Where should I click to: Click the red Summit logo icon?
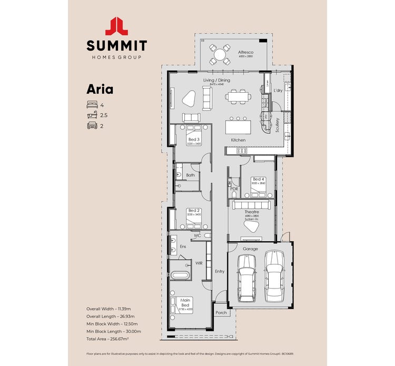click(116, 26)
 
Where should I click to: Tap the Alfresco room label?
click(246, 53)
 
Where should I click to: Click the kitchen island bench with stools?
click(238, 127)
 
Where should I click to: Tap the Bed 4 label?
click(258, 179)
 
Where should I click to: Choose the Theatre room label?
click(252, 212)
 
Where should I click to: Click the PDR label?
click(234, 189)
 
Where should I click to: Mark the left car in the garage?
click(246, 278)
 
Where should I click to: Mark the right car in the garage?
click(274, 275)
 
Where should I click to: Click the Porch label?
click(221, 312)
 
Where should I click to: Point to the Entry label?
click(220, 271)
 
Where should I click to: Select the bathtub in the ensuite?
click(181, 275)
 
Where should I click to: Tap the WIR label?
click(199, 262)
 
